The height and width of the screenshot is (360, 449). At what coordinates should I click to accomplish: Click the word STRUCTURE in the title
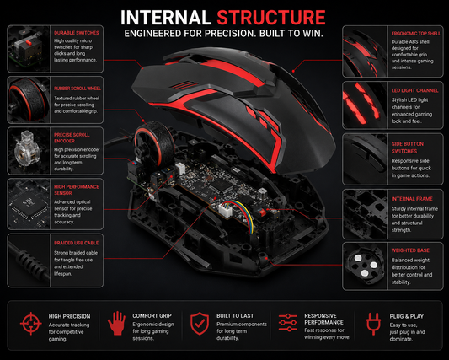(x=271, y=18)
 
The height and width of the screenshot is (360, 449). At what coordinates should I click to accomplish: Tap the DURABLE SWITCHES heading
(x=77, y=33)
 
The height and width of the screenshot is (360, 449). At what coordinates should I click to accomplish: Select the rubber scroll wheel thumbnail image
(x=29, y=99)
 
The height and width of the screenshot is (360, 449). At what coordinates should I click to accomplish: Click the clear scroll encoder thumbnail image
(x=29, y=151)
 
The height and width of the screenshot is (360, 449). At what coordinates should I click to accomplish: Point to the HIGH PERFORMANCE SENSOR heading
(x=77, y=190)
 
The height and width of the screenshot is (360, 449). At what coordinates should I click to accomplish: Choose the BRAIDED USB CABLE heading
(x=76, y=243)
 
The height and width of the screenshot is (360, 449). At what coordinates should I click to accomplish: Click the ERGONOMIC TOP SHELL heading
(x=416, y=33)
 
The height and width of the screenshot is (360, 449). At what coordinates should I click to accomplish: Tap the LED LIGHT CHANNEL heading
(x=415, y=90)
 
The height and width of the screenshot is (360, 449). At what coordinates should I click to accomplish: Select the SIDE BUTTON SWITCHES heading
(x=408, y=148)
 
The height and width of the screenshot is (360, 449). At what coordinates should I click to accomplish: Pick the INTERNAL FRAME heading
(x=412, y=199)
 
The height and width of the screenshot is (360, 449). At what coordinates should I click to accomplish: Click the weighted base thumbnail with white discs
(x=365, y=266)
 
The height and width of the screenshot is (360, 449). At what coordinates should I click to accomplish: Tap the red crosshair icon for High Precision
(x=31, y=324)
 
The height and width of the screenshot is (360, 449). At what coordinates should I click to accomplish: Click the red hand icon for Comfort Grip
(x=116, y=323)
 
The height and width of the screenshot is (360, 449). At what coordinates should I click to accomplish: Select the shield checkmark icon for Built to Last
(x=200, y=324)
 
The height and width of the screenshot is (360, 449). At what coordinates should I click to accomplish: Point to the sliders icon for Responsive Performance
(x=287, y=322)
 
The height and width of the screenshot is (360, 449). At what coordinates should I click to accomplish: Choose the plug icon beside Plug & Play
(x=373, y=324)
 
